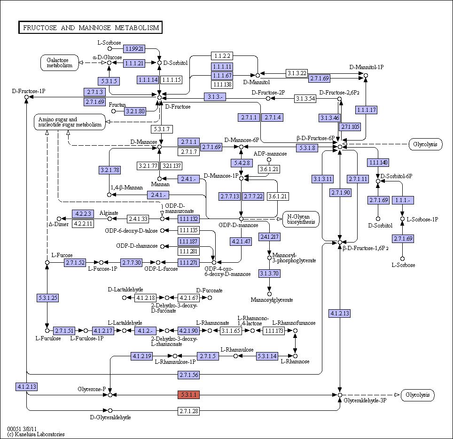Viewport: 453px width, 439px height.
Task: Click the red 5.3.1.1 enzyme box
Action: point(188,394)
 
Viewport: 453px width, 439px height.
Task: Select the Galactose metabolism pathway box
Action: point(60,63)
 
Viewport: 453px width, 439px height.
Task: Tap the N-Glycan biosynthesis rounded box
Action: point(301,219)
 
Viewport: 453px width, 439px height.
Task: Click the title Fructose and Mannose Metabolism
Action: point(90,27)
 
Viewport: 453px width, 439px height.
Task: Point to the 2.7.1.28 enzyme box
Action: point(188,411)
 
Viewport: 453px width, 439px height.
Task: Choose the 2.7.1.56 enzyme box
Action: point(188,375)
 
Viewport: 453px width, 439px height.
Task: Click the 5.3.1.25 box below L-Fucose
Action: point(47,298)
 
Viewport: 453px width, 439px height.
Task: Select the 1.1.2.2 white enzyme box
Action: point(222,56)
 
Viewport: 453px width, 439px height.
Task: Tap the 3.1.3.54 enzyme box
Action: point(305,99)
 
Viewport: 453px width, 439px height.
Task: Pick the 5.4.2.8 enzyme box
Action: point(242,163)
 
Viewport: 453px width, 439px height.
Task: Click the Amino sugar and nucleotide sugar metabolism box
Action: point(70,122)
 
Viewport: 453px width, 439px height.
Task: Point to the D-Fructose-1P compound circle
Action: point(27,97)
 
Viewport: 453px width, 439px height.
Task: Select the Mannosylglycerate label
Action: point(272,300)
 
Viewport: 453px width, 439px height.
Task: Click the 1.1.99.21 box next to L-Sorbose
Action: point(134,48)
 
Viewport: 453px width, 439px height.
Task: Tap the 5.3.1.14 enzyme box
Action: point(267,356)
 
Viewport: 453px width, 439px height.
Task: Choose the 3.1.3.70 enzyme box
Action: point(269,274)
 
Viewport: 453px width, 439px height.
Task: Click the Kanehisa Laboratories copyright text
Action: point(36,434)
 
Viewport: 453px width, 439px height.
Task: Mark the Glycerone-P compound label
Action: point(92,389)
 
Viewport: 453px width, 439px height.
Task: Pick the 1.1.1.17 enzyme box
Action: point(366,110)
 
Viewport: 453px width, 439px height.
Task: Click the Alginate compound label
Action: point(109,213)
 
